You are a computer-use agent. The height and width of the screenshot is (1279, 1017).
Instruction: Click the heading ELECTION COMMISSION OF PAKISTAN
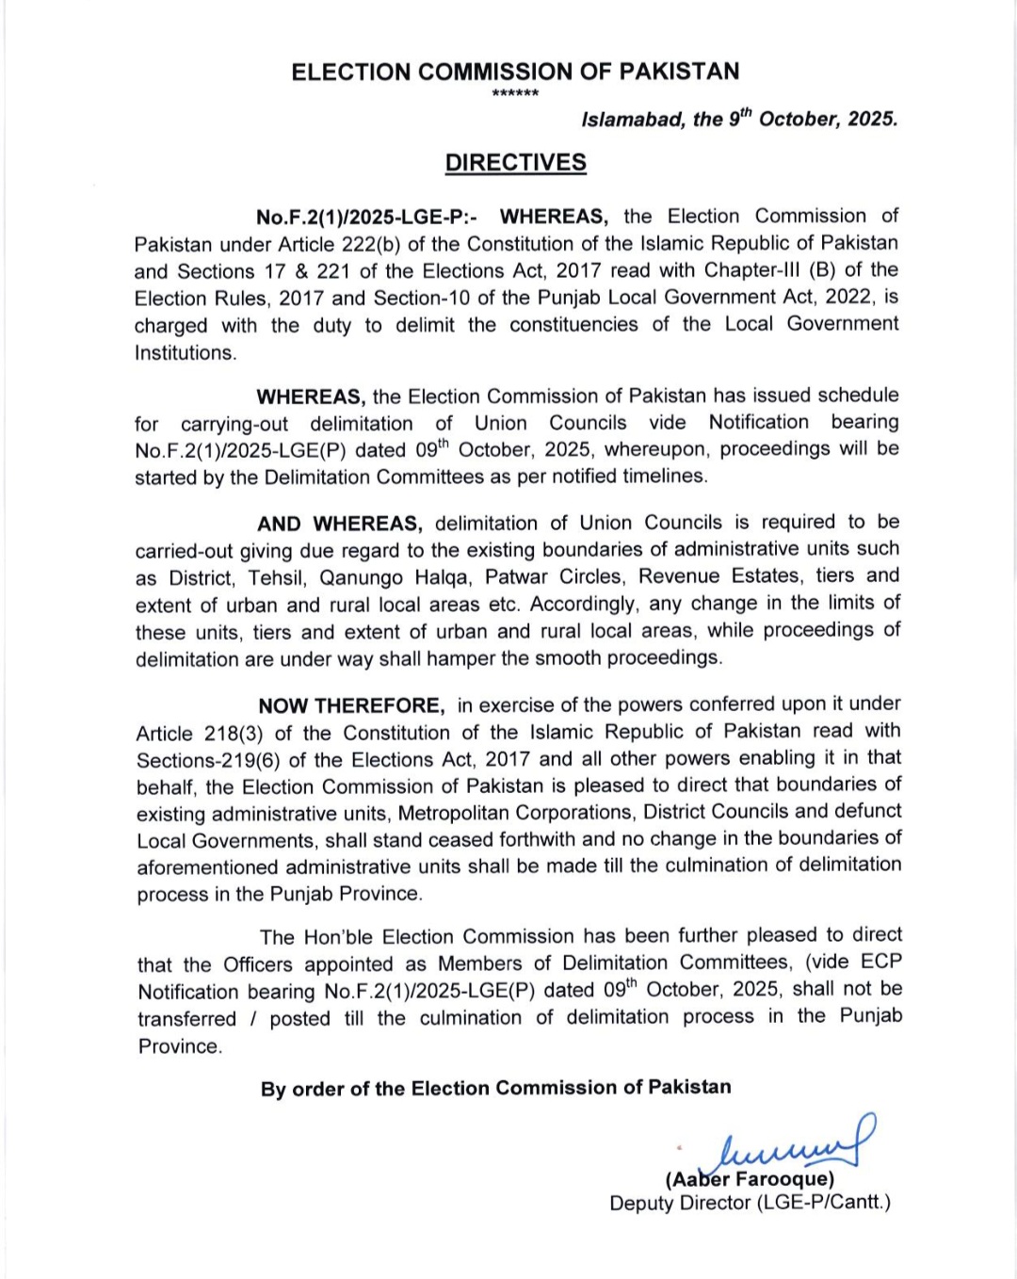click(515, 72)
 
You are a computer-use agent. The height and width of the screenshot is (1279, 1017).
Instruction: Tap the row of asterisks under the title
click(515, 94)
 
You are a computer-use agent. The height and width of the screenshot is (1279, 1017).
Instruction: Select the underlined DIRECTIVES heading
click(515, 162)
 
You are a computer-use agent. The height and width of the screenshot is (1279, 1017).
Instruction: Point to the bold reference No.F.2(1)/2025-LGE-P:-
click(366, 218)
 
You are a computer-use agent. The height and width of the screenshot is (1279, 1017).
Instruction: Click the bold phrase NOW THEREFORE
click(351, 705)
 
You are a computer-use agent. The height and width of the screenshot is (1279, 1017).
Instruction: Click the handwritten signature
click(796, 1142)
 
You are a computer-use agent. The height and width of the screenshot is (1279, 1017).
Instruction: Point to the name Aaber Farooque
click(750, 1179)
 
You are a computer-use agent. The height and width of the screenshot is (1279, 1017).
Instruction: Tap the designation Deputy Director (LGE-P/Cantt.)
click(750, 1203)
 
